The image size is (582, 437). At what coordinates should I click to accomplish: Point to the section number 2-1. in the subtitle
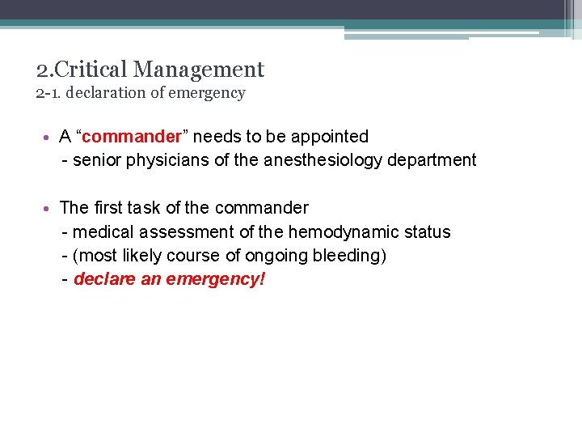tap(49, 93)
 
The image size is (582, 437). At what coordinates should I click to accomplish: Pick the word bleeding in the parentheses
tap(352, 257)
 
